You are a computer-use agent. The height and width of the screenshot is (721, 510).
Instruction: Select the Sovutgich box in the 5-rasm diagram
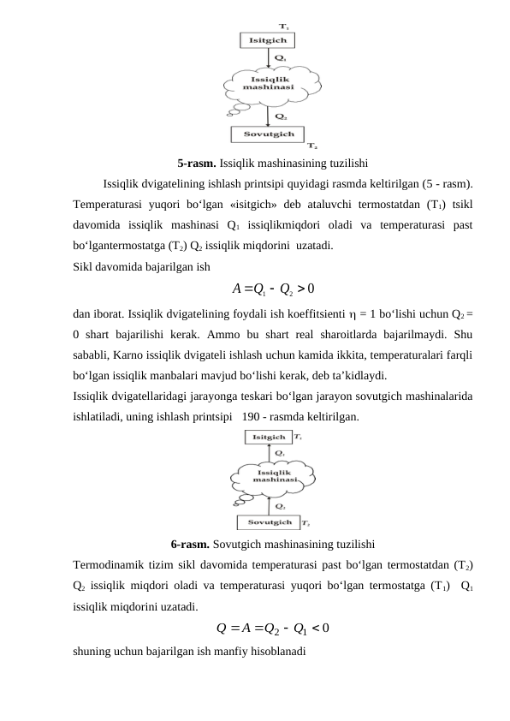[268, 134]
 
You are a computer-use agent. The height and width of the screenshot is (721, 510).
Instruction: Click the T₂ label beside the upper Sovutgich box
[312, 146]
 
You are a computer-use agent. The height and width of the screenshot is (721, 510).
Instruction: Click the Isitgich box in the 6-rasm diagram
[268, 438]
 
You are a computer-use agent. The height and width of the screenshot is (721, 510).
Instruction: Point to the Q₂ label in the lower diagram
[280, 505]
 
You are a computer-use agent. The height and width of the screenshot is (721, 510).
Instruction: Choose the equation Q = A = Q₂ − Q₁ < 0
[274, 629]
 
